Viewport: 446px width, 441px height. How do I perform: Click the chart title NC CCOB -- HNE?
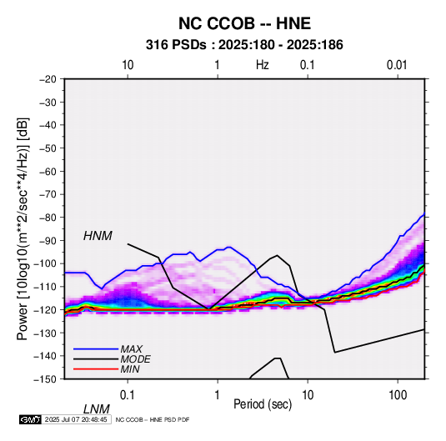[244, 23]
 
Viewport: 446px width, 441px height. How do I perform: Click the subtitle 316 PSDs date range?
[244, 45]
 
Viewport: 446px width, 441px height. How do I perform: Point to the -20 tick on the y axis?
[48, 79]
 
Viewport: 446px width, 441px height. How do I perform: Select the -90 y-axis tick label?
[48, 241]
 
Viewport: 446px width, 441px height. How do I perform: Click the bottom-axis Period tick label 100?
[398, 395]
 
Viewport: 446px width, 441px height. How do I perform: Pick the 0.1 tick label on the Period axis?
[128, 395]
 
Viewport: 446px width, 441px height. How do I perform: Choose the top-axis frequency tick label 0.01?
[397, 65]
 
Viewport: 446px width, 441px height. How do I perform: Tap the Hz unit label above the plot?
[263, 65]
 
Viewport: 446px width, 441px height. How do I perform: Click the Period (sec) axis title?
[263, 404]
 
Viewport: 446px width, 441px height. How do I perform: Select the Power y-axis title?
[23, 229]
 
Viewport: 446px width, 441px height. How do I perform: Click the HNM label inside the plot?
[98, 236]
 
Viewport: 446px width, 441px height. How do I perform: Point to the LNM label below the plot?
[97, 409]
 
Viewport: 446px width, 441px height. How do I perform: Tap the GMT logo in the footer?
[31, 419]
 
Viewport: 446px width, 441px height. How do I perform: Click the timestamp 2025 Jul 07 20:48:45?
[76, 419]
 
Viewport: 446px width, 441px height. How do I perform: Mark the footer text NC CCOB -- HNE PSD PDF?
[153, 419]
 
